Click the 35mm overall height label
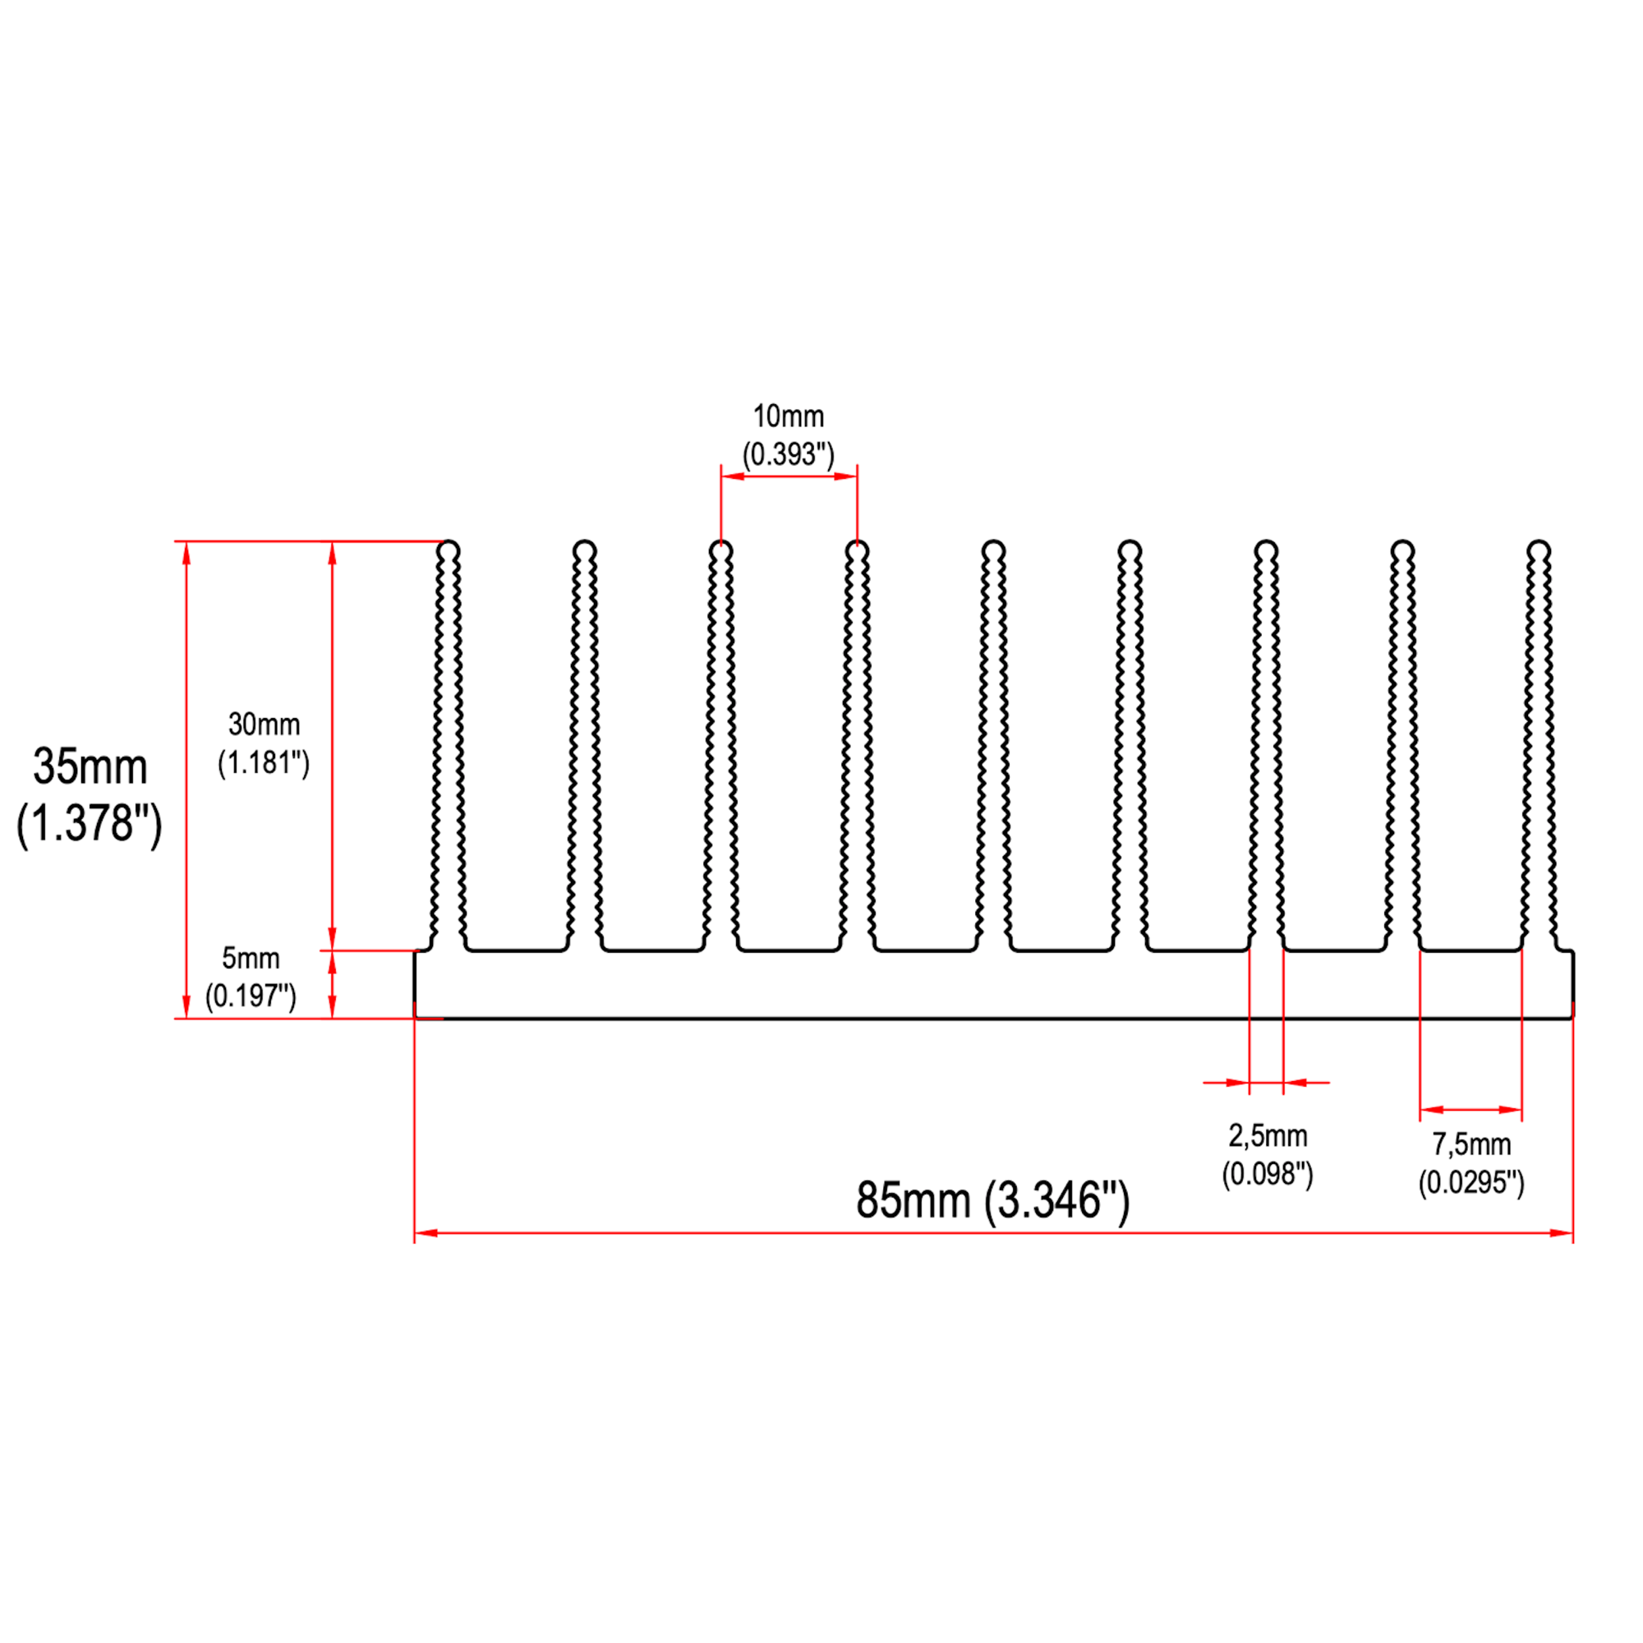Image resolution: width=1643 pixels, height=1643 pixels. [90, 767]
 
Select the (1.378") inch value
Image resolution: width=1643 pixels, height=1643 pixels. [90, 823]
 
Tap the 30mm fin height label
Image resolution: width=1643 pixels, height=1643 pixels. [264, 725]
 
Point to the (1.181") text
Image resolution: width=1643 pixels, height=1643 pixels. [264, 763]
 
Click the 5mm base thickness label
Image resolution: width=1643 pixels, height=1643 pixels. [251, 959]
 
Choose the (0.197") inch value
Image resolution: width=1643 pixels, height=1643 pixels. [251, 995]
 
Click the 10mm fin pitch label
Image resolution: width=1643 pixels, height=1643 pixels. [789, 417]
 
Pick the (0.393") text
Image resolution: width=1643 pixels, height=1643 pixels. [789, 454]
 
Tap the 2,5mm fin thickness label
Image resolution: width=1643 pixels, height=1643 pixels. [1267, 1136]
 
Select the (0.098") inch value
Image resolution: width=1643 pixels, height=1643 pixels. [1267, 1175]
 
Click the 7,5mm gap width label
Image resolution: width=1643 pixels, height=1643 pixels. [1471, 1144]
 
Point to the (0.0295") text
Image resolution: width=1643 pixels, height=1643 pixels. [1471, 1183]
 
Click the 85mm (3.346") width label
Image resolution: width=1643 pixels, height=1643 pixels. [992, 1201]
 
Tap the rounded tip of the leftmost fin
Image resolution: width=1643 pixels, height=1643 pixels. [449, 550]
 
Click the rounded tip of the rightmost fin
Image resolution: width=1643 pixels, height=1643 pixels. [1539, 550]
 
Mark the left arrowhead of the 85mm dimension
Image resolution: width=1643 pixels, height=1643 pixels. [426, 1233]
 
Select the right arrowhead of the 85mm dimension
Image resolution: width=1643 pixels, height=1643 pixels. [1562, 1233]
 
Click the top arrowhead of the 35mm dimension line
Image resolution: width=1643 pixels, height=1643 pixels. [187, 553]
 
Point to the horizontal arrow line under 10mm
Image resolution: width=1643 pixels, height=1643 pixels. [789, 476]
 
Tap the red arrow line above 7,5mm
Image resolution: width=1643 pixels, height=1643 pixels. [1470, 1110]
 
